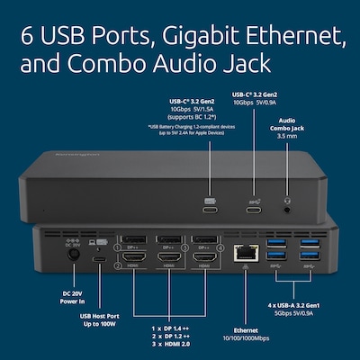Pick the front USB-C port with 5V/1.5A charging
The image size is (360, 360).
pyautogui.click(x=210, y=209)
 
